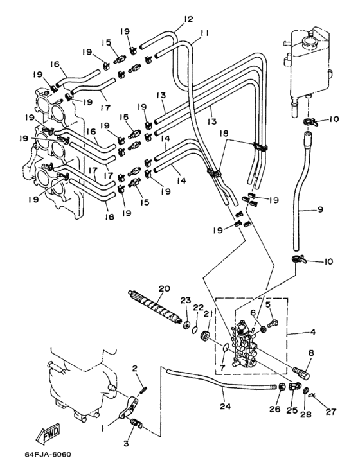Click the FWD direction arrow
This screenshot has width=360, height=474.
(48, 436)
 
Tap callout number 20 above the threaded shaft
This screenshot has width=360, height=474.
(165, 288)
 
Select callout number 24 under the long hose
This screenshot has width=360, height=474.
(224, 407)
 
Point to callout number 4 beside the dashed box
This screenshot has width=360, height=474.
(313, 332)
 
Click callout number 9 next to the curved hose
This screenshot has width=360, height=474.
(321, 209)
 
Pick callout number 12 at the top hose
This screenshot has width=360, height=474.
(188, 19)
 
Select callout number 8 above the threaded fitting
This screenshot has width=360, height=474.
(311, 353)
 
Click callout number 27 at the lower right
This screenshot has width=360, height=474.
(331, 412)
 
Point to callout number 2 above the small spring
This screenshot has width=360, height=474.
(135, 368)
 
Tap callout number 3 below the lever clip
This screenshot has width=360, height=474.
(126, 443)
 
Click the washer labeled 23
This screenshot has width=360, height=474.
(186, 325)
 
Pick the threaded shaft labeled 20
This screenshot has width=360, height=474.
(155, 307)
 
